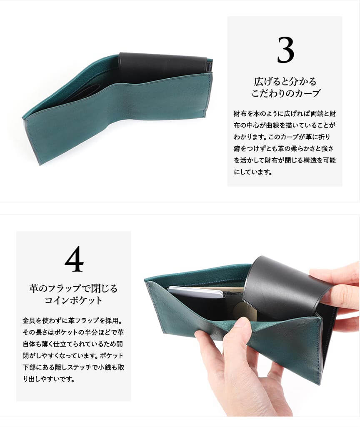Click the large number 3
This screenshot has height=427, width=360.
(x=285, y=50)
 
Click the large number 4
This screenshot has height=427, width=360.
(x=74, y=259)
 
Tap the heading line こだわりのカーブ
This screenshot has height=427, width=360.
(x=285, y=93)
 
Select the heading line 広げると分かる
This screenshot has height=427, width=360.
(x=285, y=81)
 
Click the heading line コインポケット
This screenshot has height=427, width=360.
(x=73, y=300)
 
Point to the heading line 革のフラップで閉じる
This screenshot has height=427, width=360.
(x=73, y=288)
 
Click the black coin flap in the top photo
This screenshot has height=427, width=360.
(x=162, y=64)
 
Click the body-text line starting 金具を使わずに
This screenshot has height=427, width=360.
(x=73, y=320)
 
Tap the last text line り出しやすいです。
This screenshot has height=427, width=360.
(x=49, y=379)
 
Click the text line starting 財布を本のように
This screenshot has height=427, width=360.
(x=285, y=114)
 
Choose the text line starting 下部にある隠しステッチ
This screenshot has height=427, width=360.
(x=73, y=367)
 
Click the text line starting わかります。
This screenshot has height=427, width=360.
(x=282, y=137)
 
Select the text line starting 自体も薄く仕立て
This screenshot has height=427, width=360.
(x=72, y=344)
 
